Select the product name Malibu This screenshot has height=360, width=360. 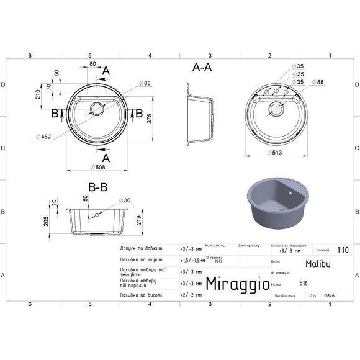[317, 263]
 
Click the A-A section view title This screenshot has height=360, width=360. [202, 69]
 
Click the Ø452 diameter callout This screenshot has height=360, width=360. [43, 137]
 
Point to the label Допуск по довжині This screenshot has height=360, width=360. [140, 247]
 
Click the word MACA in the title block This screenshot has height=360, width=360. [329, 295]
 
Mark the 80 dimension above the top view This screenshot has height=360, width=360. [92, 64]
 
